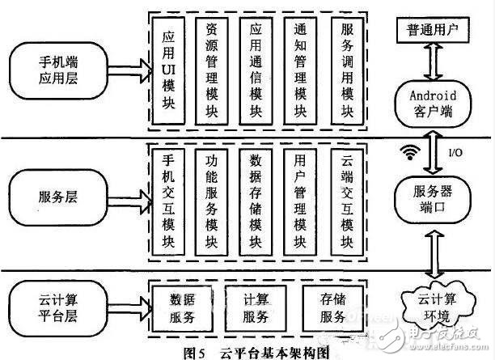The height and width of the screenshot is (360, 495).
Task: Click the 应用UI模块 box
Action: (x=169, y=70)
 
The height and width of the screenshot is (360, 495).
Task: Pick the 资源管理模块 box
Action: (x=213, y=70)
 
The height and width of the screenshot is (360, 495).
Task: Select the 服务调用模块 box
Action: (x=345, y=70)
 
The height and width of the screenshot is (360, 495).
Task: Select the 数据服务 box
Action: (x=180, y=304)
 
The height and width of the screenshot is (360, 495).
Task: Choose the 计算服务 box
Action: (x=255, y=304)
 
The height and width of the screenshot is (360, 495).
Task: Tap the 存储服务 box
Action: (x=331, y=304)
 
